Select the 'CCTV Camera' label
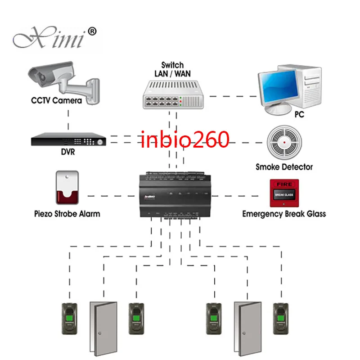56,100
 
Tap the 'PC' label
299,115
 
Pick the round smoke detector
283,142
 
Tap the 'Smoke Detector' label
284,166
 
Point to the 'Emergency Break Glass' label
284,214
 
